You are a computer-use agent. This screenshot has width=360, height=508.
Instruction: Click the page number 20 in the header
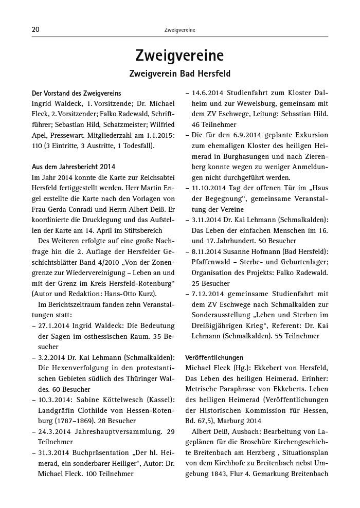35,30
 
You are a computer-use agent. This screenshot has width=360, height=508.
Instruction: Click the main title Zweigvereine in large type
179,56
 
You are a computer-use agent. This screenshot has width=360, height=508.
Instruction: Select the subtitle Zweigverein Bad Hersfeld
179,74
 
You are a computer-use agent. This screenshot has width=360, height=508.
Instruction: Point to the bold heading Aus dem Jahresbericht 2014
74,167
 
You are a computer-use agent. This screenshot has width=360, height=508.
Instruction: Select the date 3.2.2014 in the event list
52,357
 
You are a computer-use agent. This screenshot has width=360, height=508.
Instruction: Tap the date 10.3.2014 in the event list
55,401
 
